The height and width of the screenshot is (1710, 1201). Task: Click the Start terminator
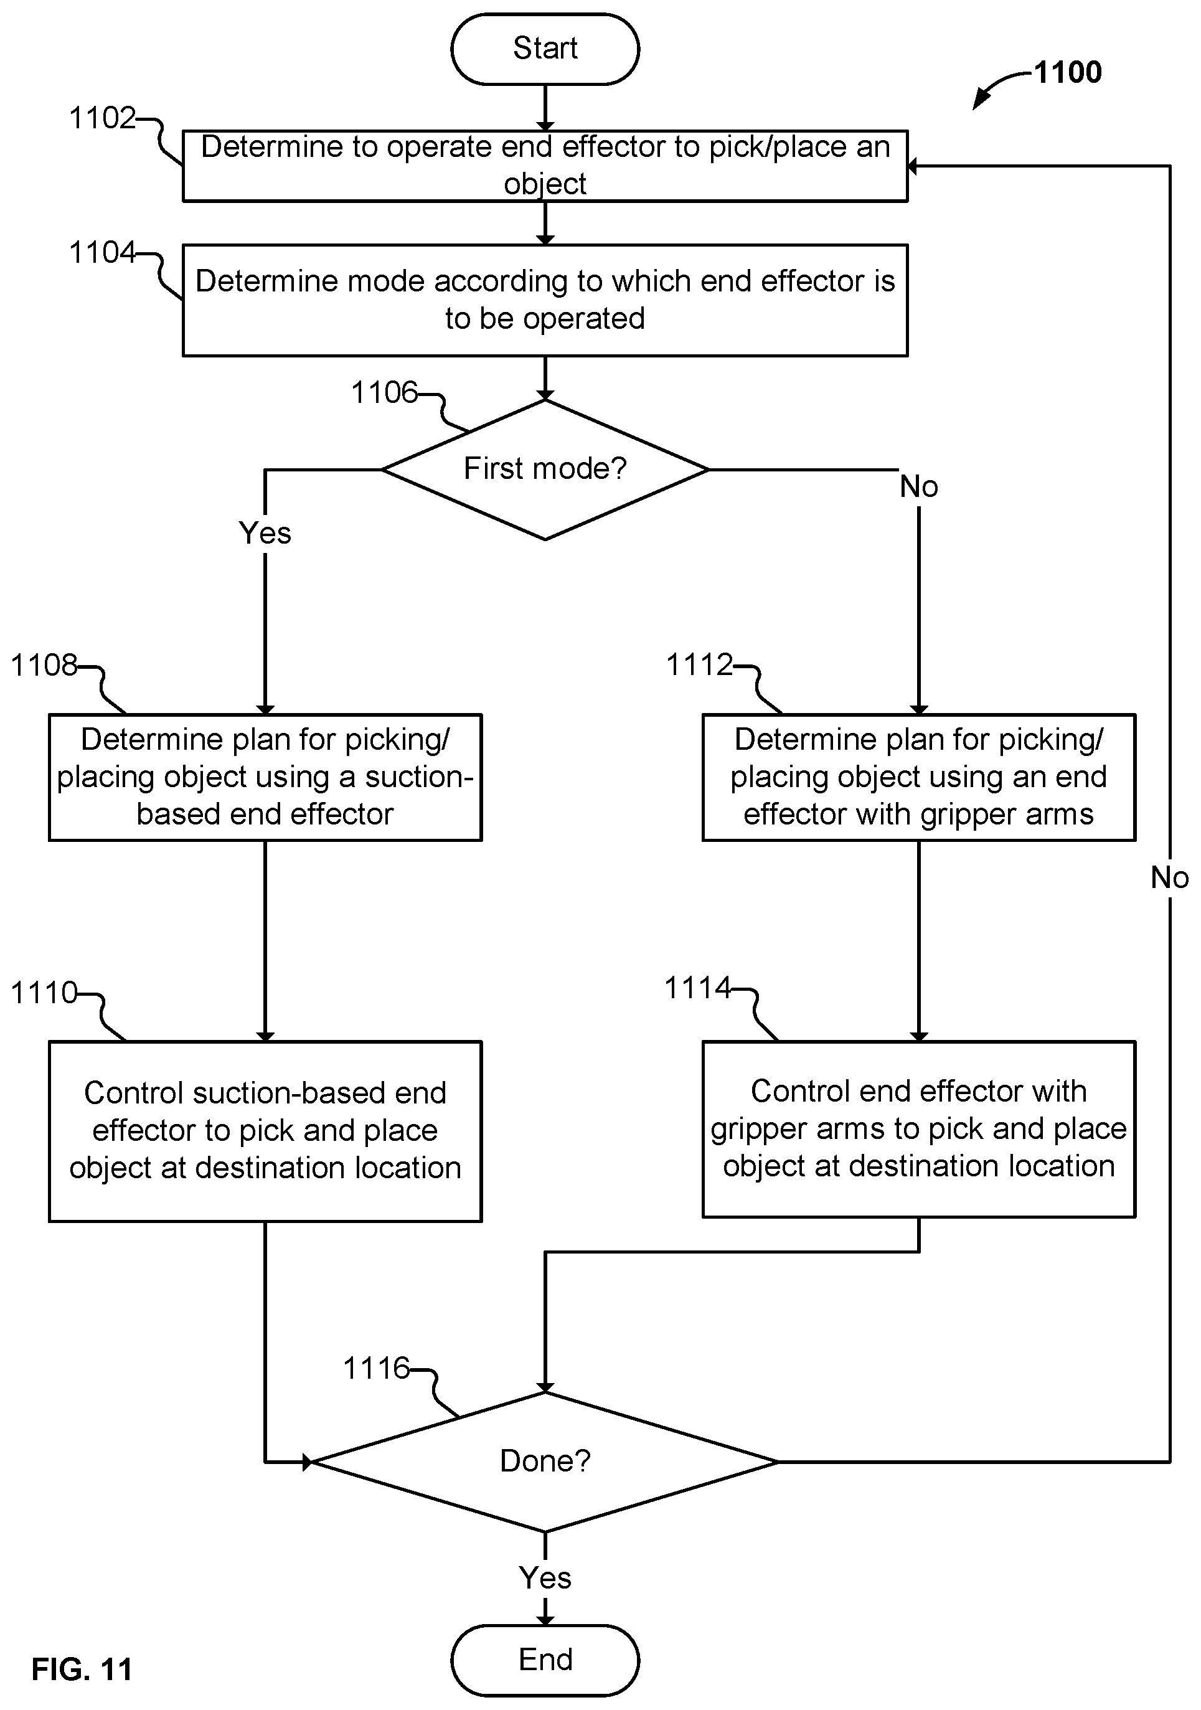(x=545, y=49)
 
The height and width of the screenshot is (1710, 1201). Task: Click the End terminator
(x=545, y=1660)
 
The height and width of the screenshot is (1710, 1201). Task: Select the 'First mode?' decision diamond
(x=545, y=470)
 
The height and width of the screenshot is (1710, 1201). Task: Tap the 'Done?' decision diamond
(x=545, y=1462)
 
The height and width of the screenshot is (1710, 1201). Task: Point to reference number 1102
(x=103, y=118)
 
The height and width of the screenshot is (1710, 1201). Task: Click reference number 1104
(x=103, y=252)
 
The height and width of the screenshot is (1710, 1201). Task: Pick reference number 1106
(x=384, y=392)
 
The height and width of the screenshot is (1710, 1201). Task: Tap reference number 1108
(x=44, y=665)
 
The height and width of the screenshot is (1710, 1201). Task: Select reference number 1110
(x=44, y=993)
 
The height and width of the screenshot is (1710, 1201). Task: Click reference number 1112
(x=699, y=665)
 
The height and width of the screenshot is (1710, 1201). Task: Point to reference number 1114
(x=698, y=988)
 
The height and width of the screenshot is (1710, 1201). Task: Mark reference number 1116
(x=377, y=1368)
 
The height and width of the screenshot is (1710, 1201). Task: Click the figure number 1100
(x=1068, y=72)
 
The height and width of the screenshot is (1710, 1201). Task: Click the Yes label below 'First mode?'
(x=265, y=533)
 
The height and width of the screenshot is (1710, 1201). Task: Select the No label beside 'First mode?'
(x=919, y=487)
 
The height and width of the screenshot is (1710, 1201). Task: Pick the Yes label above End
(x=545, y=1578)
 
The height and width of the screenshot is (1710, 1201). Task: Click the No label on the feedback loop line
(x=1170, y=878)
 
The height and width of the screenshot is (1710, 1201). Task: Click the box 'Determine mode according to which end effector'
(x=545, y=300)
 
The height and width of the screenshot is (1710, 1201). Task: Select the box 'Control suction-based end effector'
(x=265, y=1131)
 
